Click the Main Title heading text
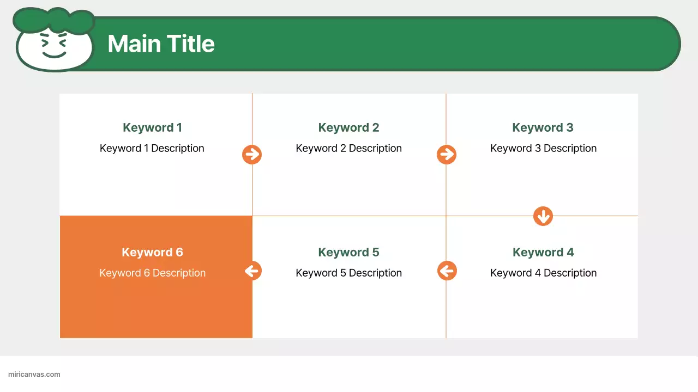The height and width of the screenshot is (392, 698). coord(161,44)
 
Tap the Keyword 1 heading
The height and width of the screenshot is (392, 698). coord(152,127)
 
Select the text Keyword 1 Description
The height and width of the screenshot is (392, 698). coord(152,148)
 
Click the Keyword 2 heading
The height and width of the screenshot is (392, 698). coord(348,127)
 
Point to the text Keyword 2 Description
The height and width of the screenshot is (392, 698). coord(348,148)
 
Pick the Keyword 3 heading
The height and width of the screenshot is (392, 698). coord(543,127)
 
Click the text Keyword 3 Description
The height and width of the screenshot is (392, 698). coord(543,148)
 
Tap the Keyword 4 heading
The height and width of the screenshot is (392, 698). coord(543,252)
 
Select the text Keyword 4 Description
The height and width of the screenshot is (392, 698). coord(543,273)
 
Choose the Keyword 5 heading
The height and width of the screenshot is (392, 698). coord(348,252)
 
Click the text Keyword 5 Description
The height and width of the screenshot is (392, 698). coord(348,273)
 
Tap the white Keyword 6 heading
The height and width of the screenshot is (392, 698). coord(152,252)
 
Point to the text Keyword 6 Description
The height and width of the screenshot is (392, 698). coord(152,273)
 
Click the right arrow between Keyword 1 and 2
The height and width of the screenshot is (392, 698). coord(252,155)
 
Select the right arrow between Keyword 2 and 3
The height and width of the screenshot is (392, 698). coord(447,155)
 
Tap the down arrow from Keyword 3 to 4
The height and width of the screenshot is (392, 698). coord(543,216)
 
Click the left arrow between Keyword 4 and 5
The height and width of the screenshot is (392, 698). coord(447,271)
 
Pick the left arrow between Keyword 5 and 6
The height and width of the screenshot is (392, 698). coord(252,271)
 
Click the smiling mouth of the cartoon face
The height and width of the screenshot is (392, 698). coord(54,54)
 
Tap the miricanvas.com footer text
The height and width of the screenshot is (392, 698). coord(34,375)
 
